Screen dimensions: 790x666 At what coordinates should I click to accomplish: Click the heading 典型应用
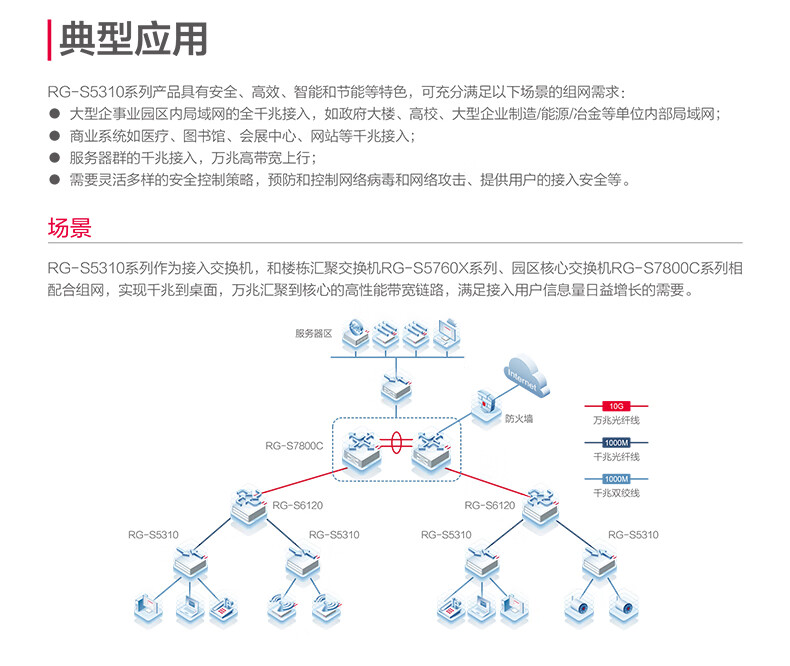tap(134, 39)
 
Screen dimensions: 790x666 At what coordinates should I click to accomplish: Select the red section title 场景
tap(70, 228)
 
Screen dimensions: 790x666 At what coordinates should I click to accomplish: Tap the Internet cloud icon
tap(525, 375)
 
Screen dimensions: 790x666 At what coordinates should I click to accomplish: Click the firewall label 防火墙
tap(518, 419)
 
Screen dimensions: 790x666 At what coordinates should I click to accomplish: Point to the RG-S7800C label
tap(294, 445)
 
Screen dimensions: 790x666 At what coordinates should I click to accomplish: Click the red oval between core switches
tap(396, 443)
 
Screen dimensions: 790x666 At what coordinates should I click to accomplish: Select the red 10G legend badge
tap(616, 406)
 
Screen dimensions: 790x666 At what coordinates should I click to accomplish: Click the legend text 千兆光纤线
tap(616, 457)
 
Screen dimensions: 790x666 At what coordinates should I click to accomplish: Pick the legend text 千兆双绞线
tap(616, 493)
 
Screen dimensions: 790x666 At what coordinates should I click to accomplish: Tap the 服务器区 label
tap(313, 334)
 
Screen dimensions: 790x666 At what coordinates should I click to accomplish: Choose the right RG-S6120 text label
tap(489, 505)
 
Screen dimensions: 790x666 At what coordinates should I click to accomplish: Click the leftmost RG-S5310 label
tap(153, 535)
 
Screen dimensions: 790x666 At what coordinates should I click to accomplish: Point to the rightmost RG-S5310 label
tap(633, 535)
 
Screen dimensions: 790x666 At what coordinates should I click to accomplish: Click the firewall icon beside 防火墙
tap(484, 404)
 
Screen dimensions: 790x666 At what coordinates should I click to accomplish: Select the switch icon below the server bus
tap(396, 387)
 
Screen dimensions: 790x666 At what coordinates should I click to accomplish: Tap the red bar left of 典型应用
tap(49, 40)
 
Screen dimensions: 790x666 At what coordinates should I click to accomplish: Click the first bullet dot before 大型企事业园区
tap(54, 113)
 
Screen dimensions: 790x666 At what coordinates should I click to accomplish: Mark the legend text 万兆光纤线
tap(616, 420)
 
